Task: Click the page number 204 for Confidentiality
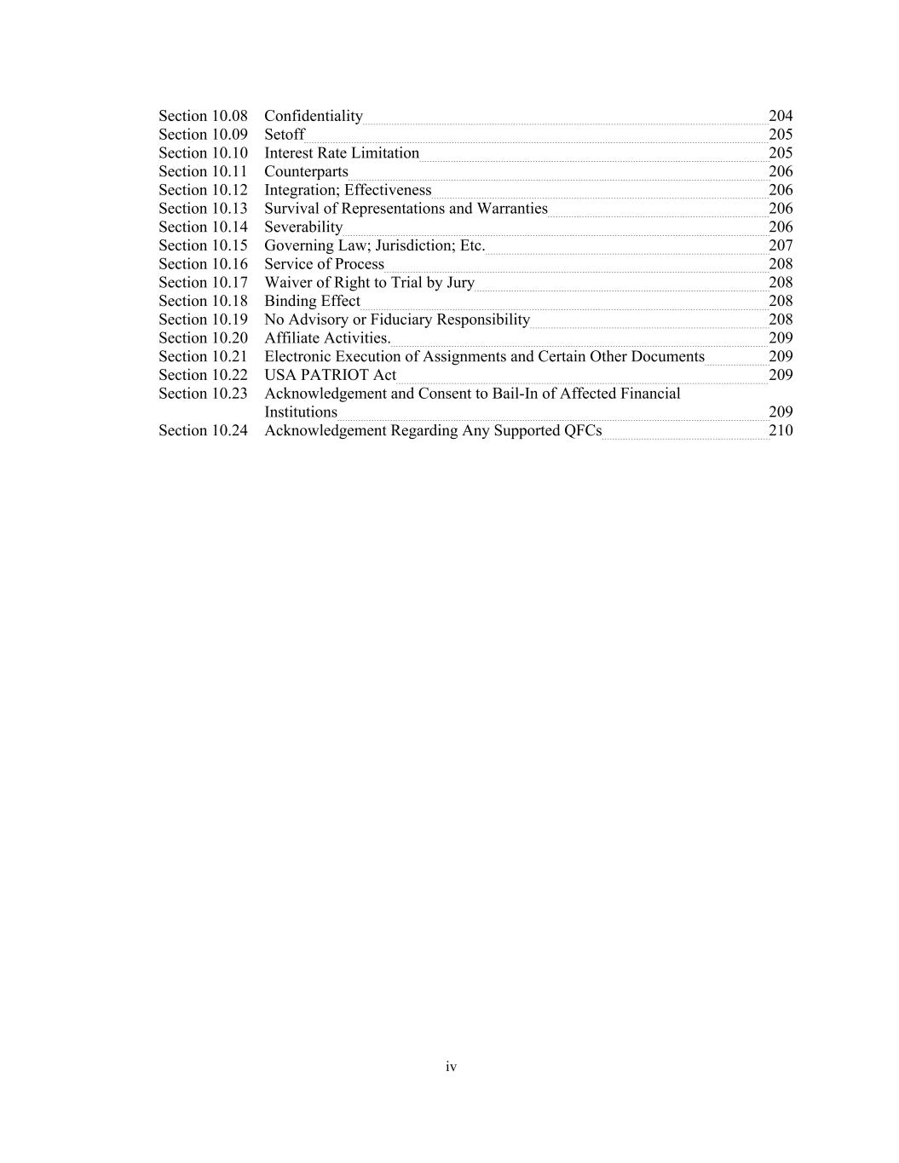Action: [x=781, y=116]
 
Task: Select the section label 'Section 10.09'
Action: [x=203, y=135]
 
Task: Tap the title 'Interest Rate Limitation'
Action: [x=342, y=153]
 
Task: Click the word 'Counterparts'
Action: [x=306, y=172]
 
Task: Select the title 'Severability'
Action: [x=303, y=227]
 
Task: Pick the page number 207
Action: [x=781, y=245]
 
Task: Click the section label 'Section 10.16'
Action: [x=203, y=264]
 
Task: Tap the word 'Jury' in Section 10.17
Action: [x=460, y=283]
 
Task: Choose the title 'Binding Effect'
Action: [x=312, y=302]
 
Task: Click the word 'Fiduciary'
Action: [x=401, y=320]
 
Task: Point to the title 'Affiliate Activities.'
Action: [x=327, y=338]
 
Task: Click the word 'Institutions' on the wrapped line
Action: [x=301, y=412]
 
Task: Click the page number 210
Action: [x=781, y=431]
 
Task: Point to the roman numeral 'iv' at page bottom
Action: [x=451, y=1067]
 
